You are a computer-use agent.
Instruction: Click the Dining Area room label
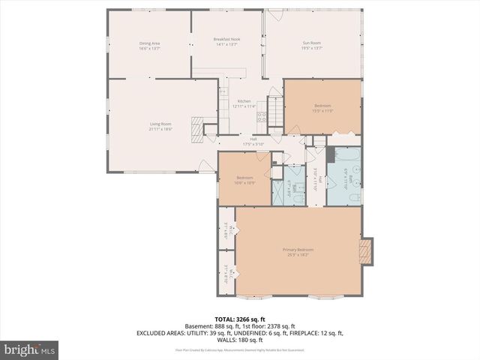coord(150,46)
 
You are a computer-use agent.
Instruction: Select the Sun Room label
coord(311,46)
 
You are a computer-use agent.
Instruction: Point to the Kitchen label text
coord(244,103)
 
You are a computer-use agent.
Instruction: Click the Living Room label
coord(160,126)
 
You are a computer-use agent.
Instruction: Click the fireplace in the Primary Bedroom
coord(365,252)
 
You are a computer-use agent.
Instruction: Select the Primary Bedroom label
coord(298,251)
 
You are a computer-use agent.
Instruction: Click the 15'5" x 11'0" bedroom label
coord(322,108)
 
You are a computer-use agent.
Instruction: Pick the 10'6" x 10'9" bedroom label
coord(244,179)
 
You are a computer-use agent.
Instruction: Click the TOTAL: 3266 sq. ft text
coord(240,319)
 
